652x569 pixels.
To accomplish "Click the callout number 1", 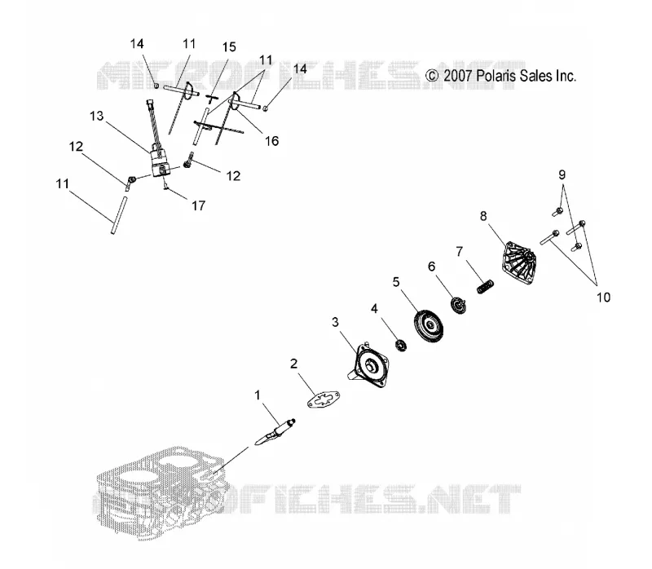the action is click(258, 395).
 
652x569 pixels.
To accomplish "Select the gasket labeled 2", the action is click(324, 399).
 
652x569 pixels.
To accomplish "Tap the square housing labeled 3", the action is click(368, 364).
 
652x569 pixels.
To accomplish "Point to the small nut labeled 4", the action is click(401, 345).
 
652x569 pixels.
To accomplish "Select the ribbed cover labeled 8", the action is click(519, 263).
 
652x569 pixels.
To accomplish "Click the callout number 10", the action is click(603, 298).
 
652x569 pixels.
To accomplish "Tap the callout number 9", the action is click(562, 174).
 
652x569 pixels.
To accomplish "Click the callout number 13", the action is click(96, 116).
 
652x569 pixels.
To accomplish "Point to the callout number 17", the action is click(198, 205).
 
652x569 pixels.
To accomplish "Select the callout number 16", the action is click(271, 141).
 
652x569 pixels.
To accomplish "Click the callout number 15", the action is click(229, 47).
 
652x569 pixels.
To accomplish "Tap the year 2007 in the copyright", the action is click(457, 76).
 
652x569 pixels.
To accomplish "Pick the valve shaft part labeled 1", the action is click(275, 432).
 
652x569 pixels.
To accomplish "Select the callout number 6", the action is click(432, 267).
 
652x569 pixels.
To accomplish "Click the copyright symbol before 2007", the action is click(433, 76).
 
